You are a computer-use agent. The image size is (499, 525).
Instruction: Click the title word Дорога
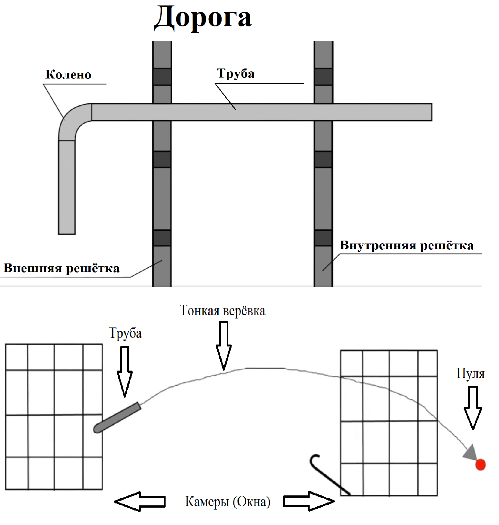203,18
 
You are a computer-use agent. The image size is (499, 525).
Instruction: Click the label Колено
68,75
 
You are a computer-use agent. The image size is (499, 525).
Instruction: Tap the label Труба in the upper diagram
235,74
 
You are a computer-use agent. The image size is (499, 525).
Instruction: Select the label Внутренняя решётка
406,245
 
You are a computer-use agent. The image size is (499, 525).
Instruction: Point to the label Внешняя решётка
61,268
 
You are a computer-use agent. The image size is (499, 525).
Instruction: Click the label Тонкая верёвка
222,311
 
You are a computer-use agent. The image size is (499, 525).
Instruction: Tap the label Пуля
470,373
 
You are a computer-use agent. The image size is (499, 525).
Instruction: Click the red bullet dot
480,465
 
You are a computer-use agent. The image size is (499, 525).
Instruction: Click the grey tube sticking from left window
118,417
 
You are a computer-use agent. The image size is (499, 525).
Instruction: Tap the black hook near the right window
328,474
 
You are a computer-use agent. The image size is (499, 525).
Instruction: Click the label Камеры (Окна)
228,502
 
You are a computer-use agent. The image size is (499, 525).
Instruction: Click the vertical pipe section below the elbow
67,187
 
